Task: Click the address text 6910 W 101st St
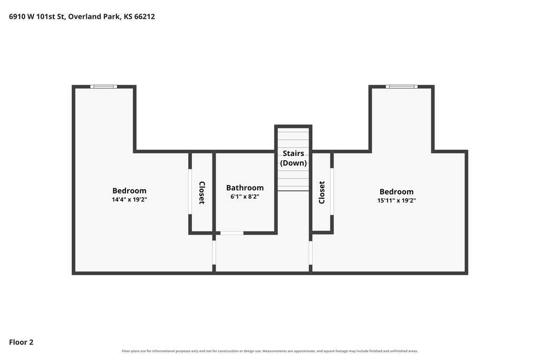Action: tap(37, 16)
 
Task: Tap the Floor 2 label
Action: tap(21, 342)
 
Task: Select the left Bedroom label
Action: tap(129, 191)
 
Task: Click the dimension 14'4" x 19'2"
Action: tap(129, 199)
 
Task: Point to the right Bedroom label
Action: tap(397, 192)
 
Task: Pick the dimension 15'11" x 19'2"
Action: tap(397, 200)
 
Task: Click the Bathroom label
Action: tap(245, 188)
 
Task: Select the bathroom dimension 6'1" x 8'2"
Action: tap(245, 197)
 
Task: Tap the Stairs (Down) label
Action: tap(293, 158)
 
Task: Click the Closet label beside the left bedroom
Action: tap(202, 193)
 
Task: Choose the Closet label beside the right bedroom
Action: tap(322, 192)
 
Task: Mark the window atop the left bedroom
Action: tap(103, 87)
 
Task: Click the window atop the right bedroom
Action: tap(401, 87)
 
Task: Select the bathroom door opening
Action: tap(232, 233)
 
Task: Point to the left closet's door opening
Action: tap(190, 192)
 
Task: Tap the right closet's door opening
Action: tap(332, 192)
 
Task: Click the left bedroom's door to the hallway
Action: tap(214, 252)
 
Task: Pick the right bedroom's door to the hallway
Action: tap(310, 253)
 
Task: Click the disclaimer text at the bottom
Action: tap(270, 351)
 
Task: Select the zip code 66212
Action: tap(144, 16)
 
